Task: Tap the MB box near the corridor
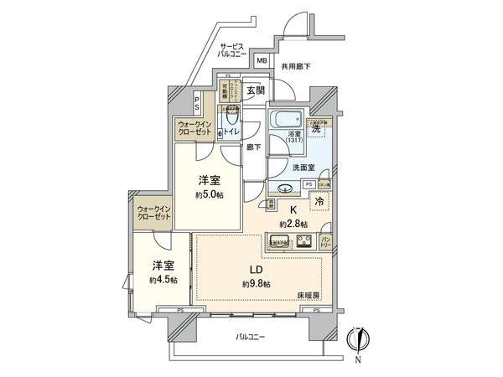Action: (x=261, y=60)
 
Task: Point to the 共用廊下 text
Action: (x=295, y=66)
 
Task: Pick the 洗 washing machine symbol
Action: (x=317, y=129)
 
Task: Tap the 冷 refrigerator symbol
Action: (x=320, y=201)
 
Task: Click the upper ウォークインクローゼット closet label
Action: (x=195, y=129)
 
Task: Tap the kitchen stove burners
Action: (x=305, y=243)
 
